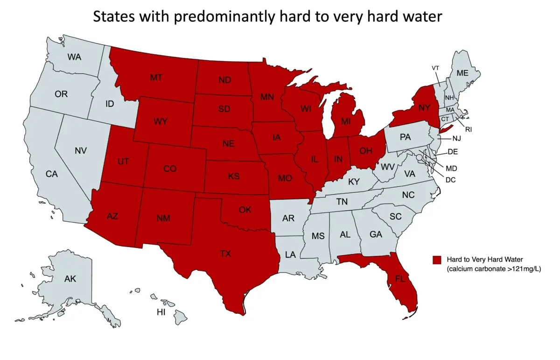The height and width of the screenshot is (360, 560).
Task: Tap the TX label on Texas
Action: [225, 254]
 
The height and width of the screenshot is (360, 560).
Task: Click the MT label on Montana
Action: [156, 78]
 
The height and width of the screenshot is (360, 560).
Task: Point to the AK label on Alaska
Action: [70, 279]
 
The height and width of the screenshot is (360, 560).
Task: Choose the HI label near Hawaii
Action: [161, 312]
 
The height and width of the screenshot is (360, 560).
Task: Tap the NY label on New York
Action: [424, 108]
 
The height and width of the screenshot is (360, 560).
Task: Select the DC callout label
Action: [451, 179]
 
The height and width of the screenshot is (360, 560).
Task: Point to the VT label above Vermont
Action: [435, 68]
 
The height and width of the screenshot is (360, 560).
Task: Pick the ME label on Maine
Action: [462, 73]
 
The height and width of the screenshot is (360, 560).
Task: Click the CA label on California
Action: [51, 174]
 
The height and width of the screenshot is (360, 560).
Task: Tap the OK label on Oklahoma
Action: [245, 210]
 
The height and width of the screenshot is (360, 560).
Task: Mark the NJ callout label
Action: [457, 139]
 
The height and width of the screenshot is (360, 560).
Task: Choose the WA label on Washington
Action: [74, 57]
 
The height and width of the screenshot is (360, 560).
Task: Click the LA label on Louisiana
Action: [290, 255]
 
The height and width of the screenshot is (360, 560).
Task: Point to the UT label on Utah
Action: [123, 162]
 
